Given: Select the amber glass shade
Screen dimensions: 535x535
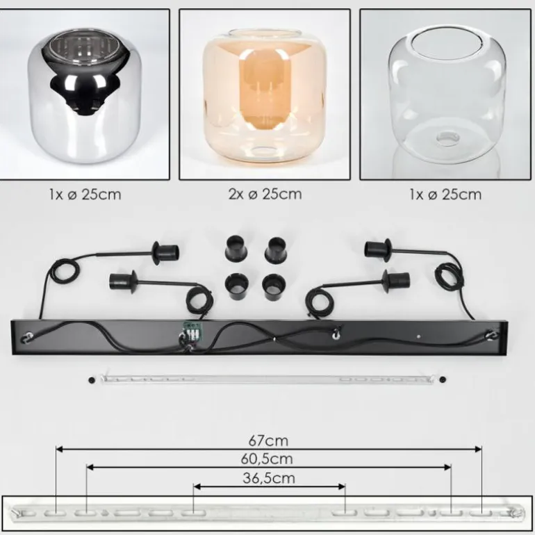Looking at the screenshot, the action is click(265, 97).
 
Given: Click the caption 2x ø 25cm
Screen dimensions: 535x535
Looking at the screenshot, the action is click(265, 194).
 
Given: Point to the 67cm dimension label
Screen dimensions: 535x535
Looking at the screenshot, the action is click(268, 441).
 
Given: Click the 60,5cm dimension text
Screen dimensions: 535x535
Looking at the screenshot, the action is click(267, 459).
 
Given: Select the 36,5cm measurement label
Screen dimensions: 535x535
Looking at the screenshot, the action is click(269, 478).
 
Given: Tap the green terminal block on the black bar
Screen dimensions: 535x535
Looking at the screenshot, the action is click(191, 329).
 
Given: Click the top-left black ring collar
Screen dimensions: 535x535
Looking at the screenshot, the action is click(236, 247).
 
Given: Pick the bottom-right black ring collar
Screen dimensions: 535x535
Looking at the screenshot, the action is click(273, 286).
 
